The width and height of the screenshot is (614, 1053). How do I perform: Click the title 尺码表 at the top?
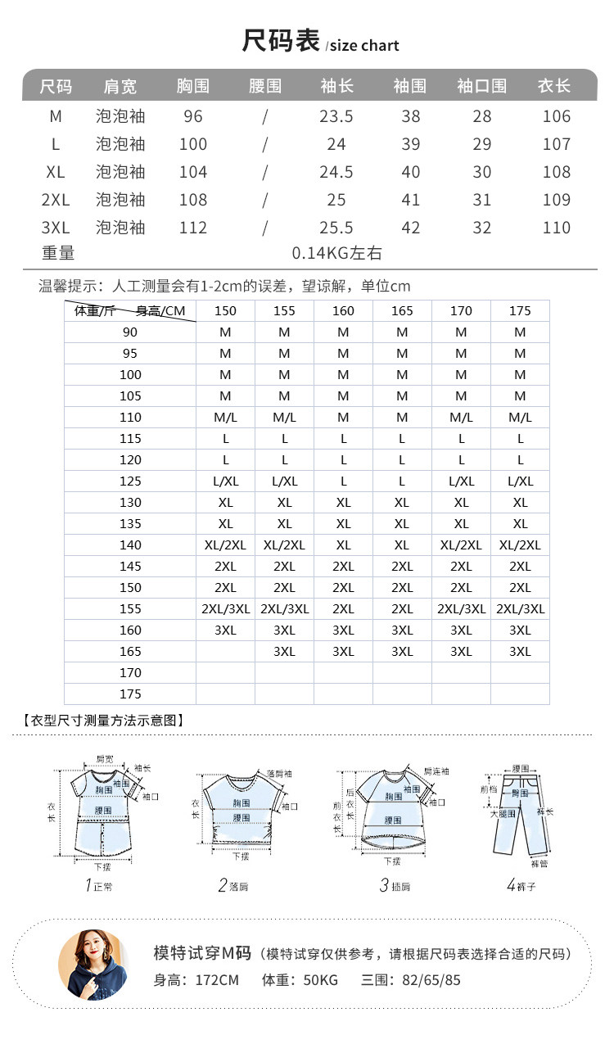[281, 41]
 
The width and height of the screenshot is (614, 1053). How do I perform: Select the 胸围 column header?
[193, 86]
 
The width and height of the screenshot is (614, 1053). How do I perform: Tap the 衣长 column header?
[554, 86]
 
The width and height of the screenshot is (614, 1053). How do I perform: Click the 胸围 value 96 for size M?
[193, 116]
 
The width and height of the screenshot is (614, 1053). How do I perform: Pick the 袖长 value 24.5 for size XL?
[336, 172]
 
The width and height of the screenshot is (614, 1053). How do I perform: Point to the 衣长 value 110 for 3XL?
[557, 228]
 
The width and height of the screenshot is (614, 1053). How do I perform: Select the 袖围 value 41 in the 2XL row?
[411, 200]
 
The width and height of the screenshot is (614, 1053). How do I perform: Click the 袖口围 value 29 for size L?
[482, 144]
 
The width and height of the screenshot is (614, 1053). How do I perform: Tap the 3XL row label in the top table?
[56, 228]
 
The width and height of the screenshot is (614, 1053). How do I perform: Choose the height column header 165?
[402, 311]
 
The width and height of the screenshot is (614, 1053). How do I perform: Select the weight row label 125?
[131, 481]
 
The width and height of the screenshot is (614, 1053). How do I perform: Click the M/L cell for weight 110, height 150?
[225, 418]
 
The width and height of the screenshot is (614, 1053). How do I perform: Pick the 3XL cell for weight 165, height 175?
[520, 652]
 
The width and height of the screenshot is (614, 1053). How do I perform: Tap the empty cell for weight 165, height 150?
[225, 652]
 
